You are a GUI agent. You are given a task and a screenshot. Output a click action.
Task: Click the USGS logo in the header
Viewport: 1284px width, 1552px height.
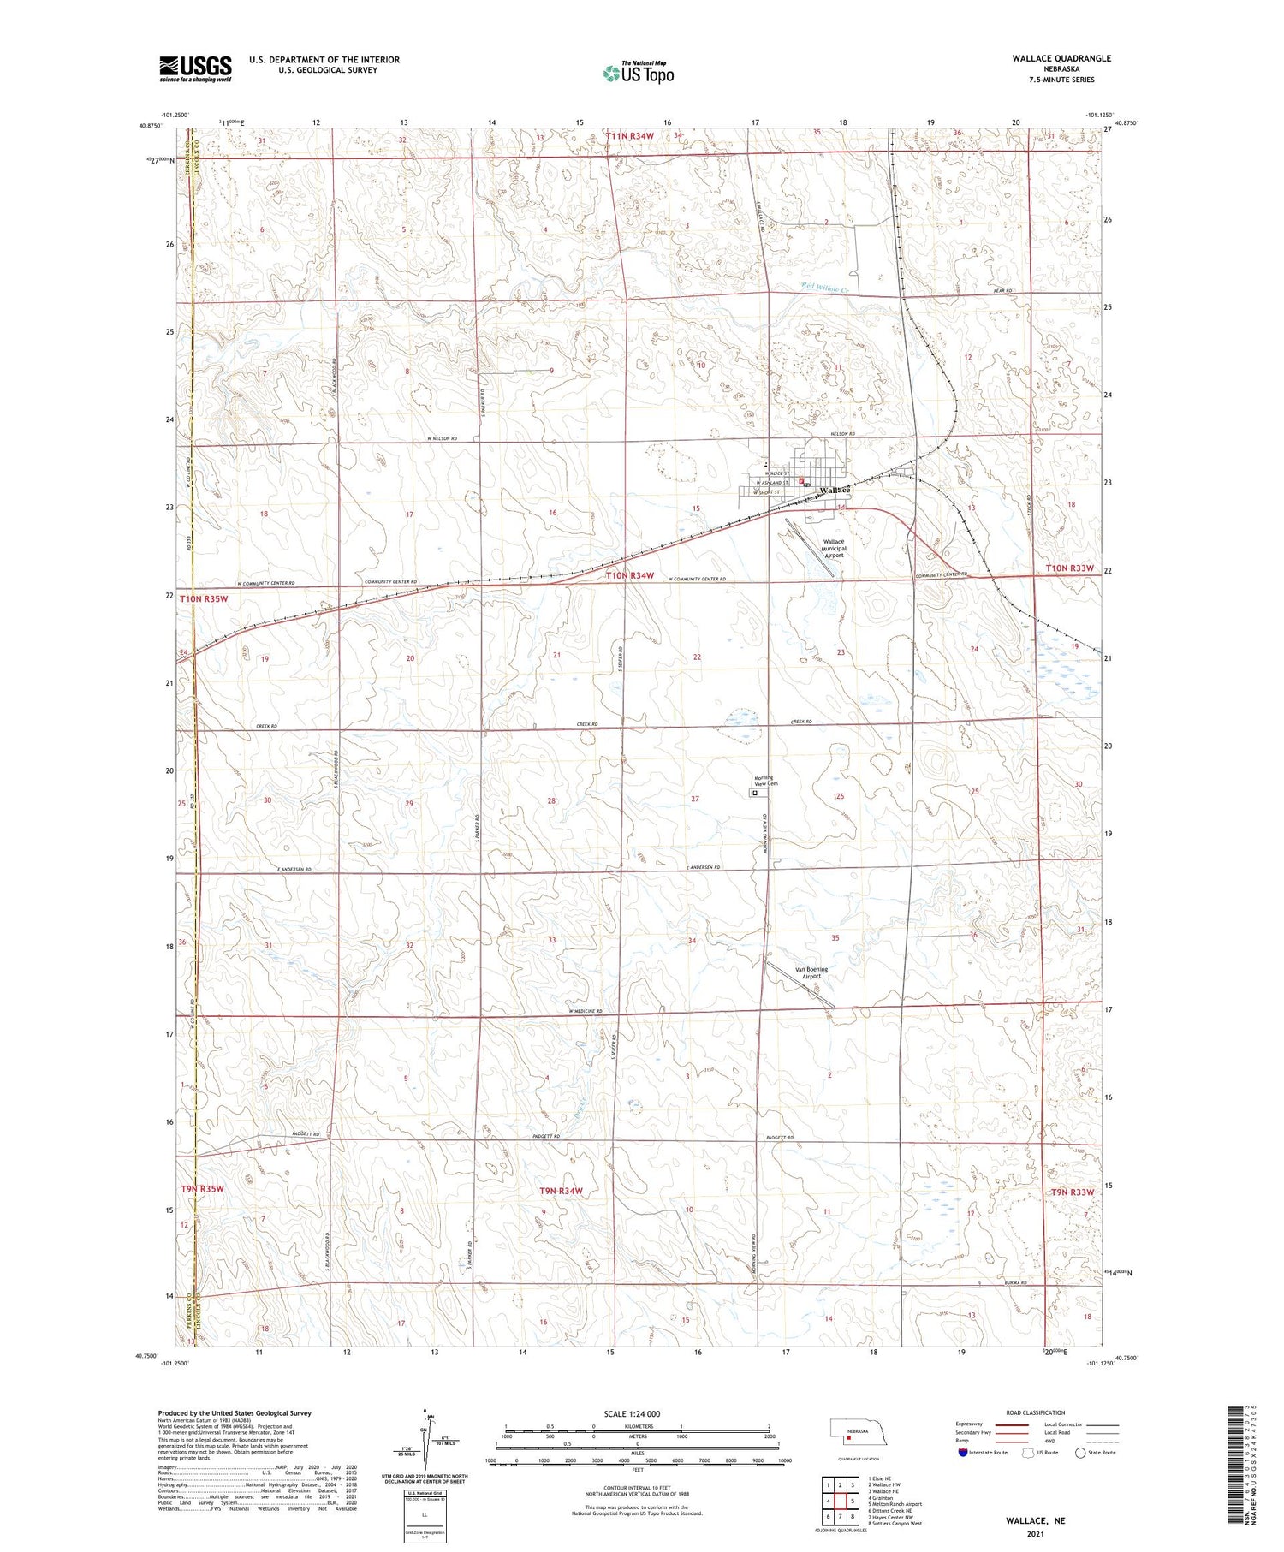[195, 68]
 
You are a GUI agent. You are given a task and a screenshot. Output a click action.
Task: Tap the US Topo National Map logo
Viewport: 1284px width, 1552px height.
[639, 73]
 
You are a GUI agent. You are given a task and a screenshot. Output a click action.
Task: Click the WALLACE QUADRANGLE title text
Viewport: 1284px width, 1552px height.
[1061, 58]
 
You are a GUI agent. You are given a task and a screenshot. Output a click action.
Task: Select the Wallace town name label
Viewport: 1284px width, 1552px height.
[835, 491]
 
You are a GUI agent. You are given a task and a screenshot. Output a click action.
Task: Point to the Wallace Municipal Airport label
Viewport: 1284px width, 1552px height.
[833, 549]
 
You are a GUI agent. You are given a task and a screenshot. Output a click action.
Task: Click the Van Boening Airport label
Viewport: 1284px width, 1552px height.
[811, 972]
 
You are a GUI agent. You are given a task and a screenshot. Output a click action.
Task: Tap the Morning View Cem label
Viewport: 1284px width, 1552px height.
[766, 781]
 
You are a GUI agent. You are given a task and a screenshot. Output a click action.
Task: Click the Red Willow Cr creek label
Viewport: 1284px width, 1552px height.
[824, 288]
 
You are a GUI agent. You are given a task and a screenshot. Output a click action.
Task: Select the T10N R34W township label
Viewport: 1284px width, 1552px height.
[630, 576]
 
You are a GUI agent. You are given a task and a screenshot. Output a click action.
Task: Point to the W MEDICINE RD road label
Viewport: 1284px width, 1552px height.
[586, 1012]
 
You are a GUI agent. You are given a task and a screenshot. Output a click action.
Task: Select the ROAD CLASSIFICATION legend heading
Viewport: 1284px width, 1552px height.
[1036, 1413]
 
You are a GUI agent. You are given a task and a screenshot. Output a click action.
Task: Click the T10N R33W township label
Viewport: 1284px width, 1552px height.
[1069, 568]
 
